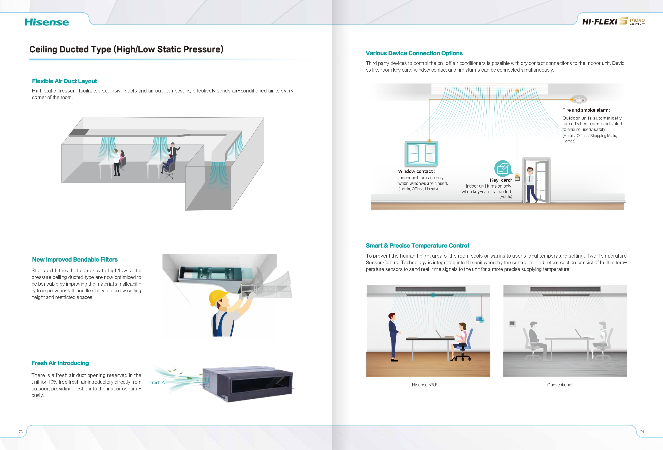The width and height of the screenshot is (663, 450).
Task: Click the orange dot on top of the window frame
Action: [429, 141]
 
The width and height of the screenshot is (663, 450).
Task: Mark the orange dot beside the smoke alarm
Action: [572, 99]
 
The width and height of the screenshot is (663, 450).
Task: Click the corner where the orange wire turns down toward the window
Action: [429, 100]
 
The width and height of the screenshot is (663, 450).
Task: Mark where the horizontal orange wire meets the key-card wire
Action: [517, 100]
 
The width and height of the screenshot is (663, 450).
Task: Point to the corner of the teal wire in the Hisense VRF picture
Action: [482, 295]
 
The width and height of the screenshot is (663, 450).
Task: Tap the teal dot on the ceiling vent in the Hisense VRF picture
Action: [433, 295]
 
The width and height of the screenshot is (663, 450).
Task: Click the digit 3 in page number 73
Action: [22, 432]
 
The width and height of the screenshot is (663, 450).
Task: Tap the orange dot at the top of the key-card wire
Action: [517, 91]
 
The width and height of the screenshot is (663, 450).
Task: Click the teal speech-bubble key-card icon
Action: [503, 168]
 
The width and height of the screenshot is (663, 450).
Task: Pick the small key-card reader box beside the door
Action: [517, 179]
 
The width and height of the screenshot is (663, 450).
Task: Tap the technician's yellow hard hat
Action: [218, 297]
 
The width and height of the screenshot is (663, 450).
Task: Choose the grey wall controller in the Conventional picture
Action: [512, 324]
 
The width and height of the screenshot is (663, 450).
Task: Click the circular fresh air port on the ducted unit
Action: [207, 380]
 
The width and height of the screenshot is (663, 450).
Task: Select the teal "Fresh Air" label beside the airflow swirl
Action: [158, 382]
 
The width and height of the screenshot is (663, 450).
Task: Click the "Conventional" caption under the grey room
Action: [559, 385]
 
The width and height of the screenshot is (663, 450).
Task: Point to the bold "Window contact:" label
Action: [416, 171]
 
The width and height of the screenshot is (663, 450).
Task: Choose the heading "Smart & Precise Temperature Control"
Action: [417, 245]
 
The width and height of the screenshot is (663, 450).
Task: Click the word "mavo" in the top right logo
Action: [637, 20]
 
